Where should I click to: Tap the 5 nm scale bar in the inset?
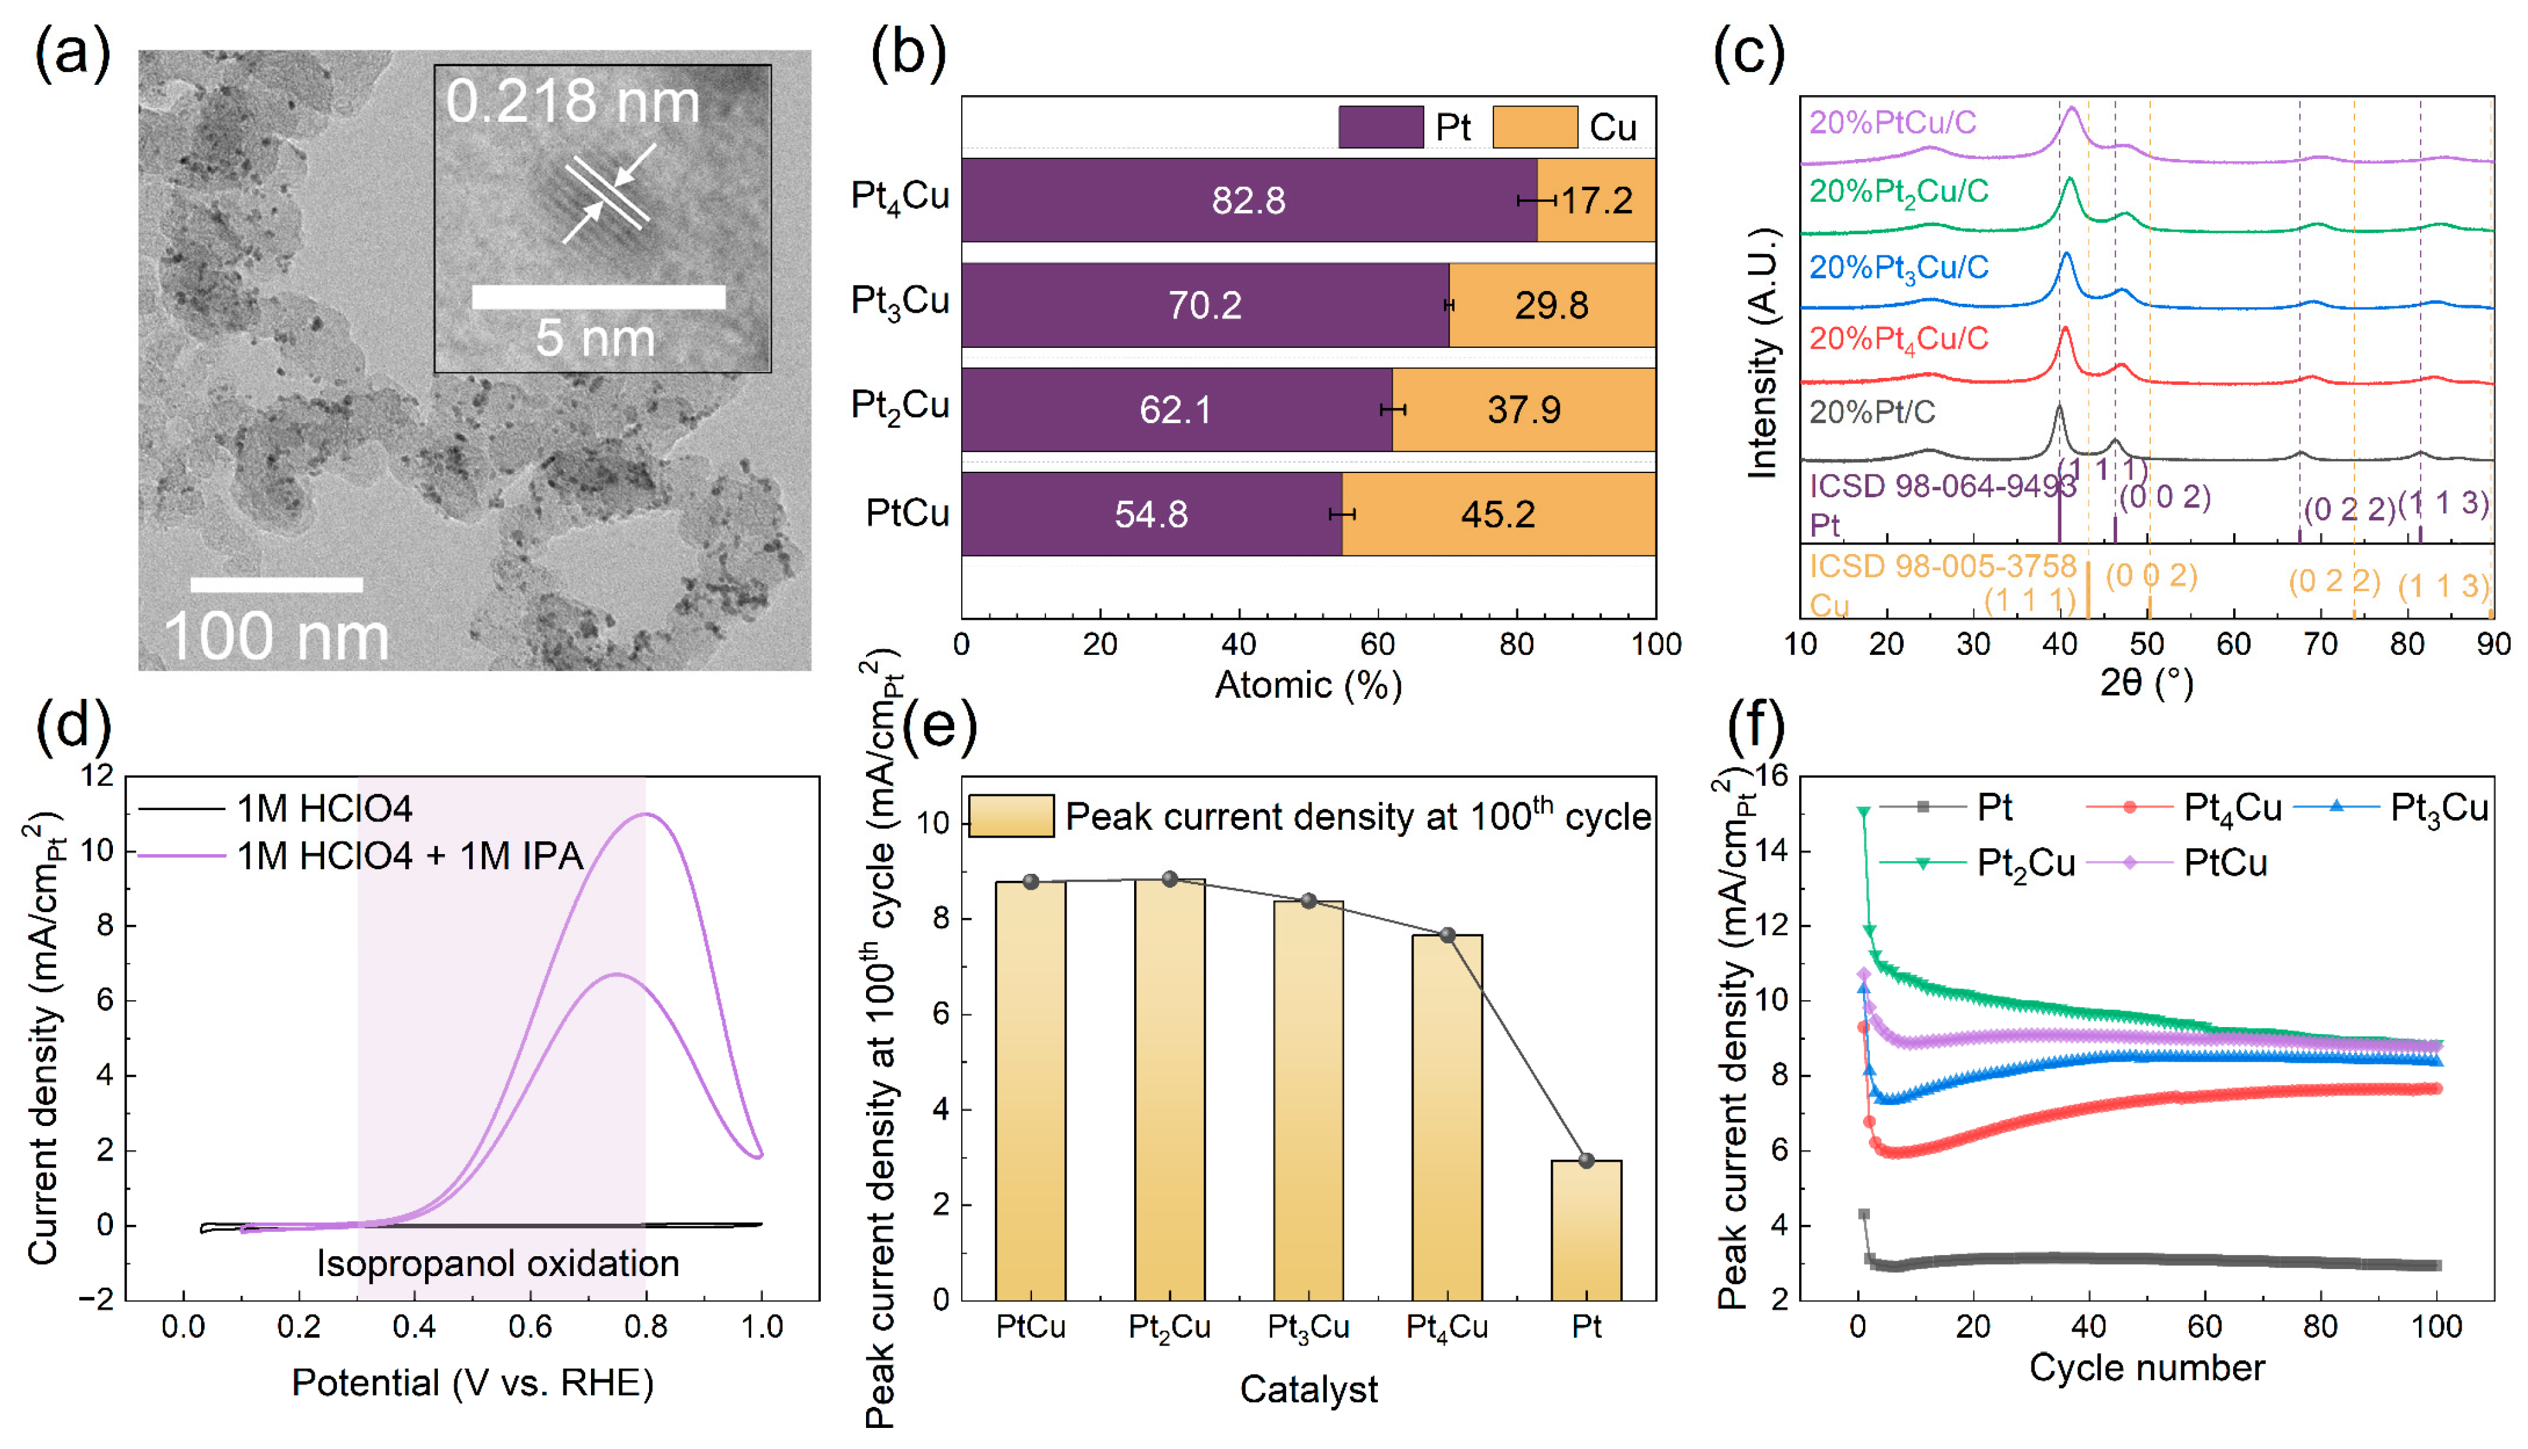click(598, 297)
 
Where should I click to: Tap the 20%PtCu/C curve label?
click(1892, 123)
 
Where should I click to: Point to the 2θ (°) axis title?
click(2146, 683)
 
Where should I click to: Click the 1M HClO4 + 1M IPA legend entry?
click(409, 856)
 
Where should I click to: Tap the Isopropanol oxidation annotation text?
click(497, 1264)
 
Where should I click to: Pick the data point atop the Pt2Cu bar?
click(1169, 880)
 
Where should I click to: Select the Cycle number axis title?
click(2146, 1369)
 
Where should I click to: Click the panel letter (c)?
click(1748, 52)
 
